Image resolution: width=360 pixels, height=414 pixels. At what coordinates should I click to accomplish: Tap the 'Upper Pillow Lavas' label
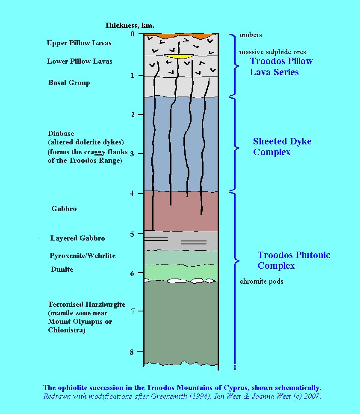click(79, 43)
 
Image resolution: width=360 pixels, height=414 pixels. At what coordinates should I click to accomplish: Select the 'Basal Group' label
click(69, 82)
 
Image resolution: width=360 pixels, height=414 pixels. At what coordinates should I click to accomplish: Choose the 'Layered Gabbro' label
click(77, 238)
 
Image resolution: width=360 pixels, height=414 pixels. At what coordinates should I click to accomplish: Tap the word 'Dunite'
click(61, 269)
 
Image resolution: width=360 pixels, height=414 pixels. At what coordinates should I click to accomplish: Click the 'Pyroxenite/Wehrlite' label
click(83, 255)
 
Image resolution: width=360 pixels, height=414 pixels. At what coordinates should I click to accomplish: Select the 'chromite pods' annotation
click(261, 281)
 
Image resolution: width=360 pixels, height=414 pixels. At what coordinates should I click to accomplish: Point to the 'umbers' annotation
click(251, 35)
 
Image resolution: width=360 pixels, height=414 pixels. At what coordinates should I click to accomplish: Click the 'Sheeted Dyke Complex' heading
click(282, 147)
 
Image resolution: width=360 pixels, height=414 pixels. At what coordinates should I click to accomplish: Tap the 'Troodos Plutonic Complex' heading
click(294, 260)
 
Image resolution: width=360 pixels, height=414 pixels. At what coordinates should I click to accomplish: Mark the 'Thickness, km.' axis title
click(130, 25)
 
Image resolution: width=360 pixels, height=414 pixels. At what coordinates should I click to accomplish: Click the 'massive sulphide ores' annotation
click(272, 52)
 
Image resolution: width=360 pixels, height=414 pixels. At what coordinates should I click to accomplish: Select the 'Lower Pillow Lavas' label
click(80, 61)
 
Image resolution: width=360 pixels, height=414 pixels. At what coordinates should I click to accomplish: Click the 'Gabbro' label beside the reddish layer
click(64, 208)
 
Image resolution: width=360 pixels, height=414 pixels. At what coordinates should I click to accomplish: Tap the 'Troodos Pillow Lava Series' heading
click(281, 66)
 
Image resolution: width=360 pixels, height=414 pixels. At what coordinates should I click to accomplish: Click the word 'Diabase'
click(61, 133)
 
